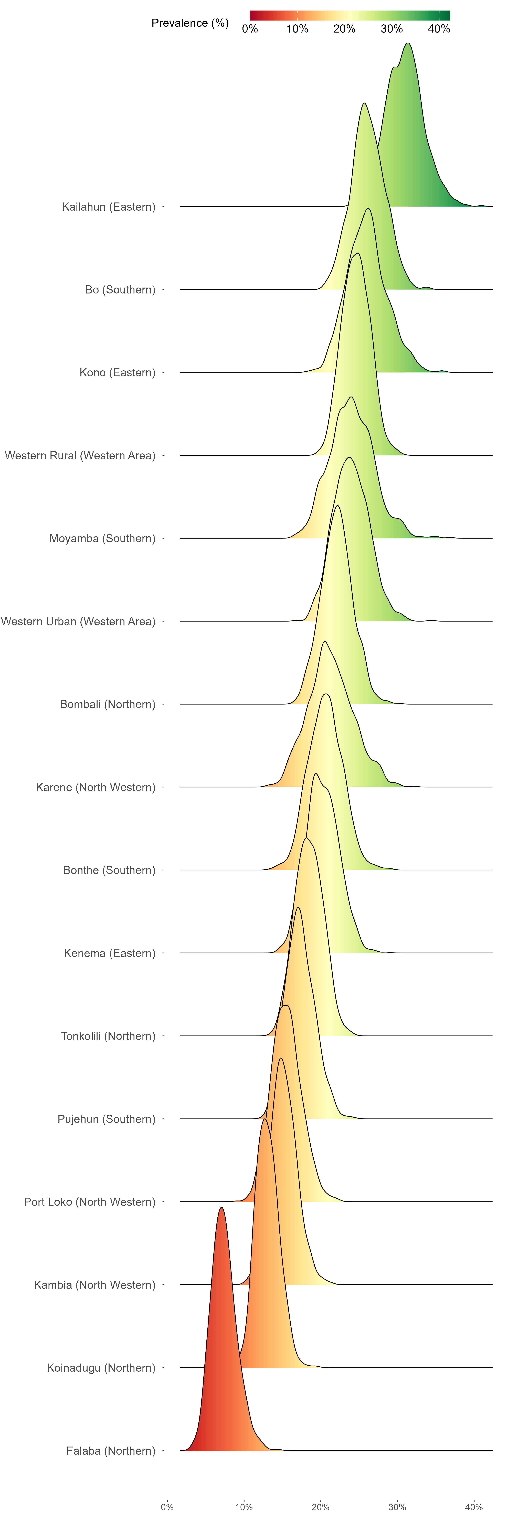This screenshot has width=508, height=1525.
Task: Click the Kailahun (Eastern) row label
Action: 109,207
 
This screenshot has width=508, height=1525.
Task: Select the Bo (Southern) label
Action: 120,289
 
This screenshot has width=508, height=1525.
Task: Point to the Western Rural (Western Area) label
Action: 80,455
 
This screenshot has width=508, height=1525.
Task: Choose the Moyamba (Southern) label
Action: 102,538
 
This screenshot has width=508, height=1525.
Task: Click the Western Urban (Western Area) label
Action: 78,621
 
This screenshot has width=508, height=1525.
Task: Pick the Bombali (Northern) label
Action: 108,704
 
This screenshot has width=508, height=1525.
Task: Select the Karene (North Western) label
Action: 96,787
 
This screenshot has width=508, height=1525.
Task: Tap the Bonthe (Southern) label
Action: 109,870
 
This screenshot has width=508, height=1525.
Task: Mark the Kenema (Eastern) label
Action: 109,953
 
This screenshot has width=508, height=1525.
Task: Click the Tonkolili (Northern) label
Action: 108,1035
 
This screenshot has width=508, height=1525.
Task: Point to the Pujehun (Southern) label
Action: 107,1118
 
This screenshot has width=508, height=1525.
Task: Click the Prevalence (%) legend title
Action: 190,23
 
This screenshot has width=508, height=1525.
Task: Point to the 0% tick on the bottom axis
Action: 167,1507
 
